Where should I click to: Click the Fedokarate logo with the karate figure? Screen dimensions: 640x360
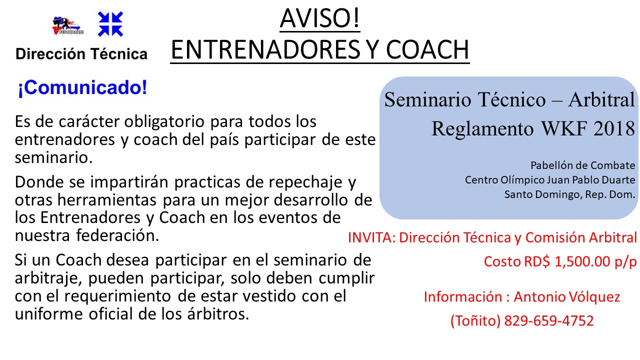tap(68, 25)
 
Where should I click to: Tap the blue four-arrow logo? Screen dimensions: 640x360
tap(110, 24)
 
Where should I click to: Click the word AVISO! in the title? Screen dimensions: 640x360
tap(319, 18)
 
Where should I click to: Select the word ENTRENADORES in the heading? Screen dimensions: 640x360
tap(265, 49)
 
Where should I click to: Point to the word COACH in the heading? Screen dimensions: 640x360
tap(427, 49)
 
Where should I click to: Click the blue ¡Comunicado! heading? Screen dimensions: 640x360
tap(82, 87)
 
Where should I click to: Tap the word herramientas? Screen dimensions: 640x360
tap(107, 199)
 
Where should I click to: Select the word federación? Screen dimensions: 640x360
tap(117, 235)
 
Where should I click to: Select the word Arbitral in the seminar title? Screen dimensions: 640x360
tap(601, 99)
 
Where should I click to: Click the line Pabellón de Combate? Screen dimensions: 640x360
tap(583, 165)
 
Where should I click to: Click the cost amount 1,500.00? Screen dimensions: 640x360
tap(582, 261)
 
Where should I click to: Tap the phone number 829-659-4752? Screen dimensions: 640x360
tap(549, 320)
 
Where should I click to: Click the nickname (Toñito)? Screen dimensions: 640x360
tap(475, 320)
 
